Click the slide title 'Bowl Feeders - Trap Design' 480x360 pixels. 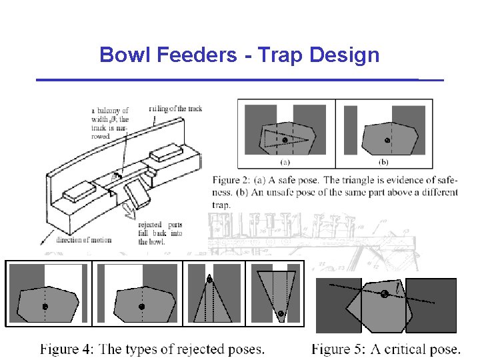click(239, 55)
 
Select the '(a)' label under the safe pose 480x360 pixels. click(285, 161)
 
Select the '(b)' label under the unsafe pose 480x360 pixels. click(384, 161)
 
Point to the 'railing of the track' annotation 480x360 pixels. click(175, 107)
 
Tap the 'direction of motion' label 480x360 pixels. click(84, 240)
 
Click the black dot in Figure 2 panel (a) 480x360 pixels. click(285, 140)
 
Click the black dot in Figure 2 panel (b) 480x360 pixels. click(387, 140)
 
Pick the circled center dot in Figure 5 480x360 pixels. click(385, 294)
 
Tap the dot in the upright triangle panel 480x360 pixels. click(210, 279)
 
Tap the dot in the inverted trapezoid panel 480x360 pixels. click(281, 313)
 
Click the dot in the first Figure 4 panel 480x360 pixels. click(45, 307)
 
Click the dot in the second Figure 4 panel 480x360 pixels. click(141, 307)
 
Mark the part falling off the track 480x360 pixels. click(138, 197)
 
